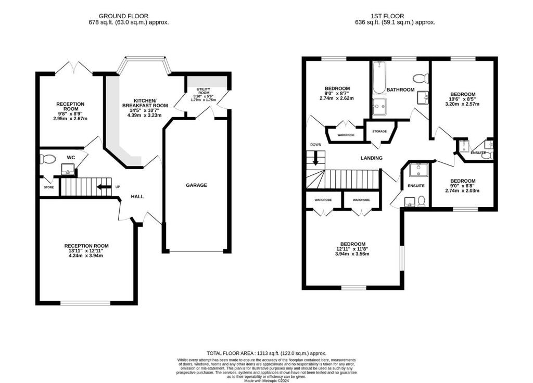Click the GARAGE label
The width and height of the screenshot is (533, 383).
197,185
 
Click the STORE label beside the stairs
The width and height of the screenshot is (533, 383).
48,187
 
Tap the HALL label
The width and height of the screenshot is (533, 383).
137,196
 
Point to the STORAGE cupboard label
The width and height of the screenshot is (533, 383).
379,131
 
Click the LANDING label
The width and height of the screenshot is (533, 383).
371,158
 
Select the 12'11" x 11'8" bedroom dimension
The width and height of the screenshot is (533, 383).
353,251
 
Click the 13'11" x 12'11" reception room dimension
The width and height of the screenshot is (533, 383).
86,252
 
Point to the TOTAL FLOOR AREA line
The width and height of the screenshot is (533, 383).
266,352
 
